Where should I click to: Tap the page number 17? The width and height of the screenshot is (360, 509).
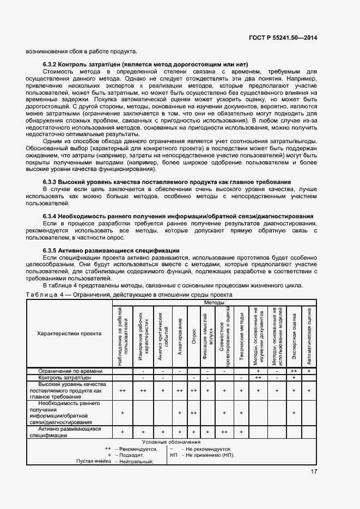(x=314, y=471)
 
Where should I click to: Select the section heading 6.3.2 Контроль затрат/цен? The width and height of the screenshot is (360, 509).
(x=145, y=64)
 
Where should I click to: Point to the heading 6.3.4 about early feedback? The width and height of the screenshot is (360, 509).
(x=178, y=216)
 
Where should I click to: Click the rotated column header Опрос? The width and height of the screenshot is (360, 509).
(x=194, y=335)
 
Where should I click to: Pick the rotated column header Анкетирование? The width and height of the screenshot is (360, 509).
(x=179, y=335)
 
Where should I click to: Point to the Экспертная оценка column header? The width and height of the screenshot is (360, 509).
(x=294, y=335)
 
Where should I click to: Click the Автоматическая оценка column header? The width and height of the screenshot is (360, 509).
(x=309, y=335)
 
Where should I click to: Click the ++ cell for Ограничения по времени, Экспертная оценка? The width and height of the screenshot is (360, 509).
(x=294, y=371)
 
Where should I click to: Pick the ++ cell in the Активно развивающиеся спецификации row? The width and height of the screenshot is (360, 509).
(x=224, y=431)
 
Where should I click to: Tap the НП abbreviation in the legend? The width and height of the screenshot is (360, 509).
(x=174, y=455)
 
